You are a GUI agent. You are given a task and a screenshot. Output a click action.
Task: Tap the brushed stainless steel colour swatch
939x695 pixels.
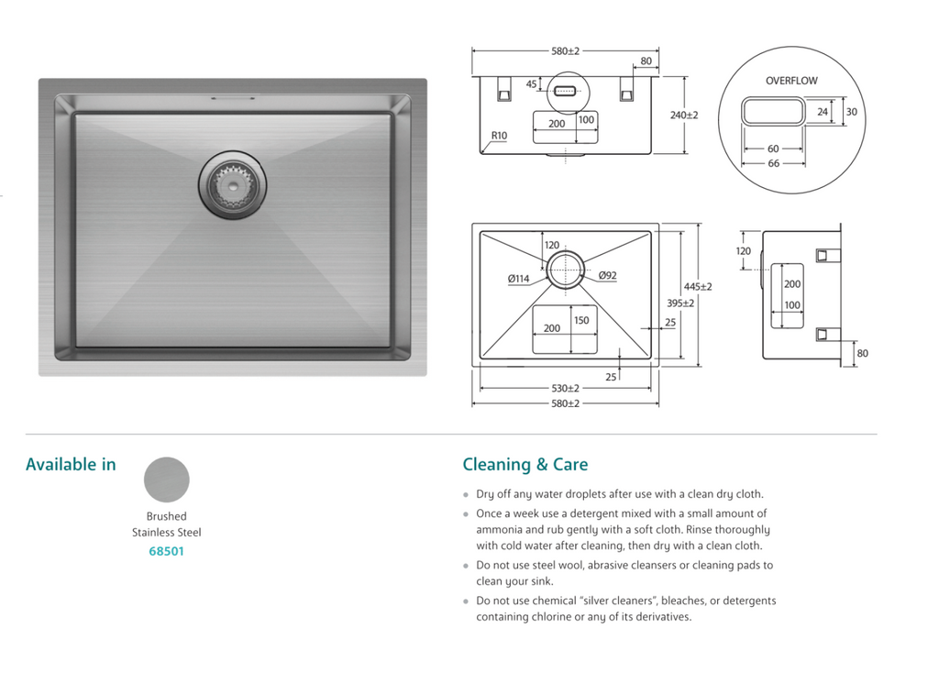(167, 480)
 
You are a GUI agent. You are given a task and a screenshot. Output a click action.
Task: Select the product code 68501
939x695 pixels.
(166, 551)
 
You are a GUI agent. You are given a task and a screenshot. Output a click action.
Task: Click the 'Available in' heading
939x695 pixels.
(71, 465)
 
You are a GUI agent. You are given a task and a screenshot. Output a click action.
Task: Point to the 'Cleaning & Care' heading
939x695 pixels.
(525, 465)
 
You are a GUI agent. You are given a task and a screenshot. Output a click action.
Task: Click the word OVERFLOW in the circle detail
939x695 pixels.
(791, 81)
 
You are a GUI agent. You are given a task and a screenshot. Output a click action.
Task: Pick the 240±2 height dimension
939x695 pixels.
(684, 116)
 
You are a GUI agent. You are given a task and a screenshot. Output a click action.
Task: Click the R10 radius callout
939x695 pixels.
(499, 136)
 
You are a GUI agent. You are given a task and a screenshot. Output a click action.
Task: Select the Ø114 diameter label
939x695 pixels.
(518, 279)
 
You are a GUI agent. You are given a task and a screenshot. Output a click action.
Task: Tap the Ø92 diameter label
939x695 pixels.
(607, 275)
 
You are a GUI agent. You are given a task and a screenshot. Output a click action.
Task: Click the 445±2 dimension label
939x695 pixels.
(698, 286)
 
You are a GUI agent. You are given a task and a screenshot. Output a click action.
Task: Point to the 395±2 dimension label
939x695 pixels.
(680, 303)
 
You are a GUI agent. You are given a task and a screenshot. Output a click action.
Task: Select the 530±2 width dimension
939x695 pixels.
(566, 389)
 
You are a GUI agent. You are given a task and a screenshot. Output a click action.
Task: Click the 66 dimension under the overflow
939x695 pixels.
(773, 163)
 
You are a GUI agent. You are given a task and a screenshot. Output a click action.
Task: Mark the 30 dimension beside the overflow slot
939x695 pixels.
(851, 112)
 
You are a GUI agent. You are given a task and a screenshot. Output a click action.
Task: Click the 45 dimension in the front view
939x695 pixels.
(531, 84)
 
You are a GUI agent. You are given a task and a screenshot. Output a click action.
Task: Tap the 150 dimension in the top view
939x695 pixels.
(581, 321)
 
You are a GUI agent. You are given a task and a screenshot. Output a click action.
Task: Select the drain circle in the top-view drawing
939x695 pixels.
(566, 266)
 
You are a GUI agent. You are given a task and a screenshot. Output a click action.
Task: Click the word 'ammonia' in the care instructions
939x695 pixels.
(498, 530)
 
